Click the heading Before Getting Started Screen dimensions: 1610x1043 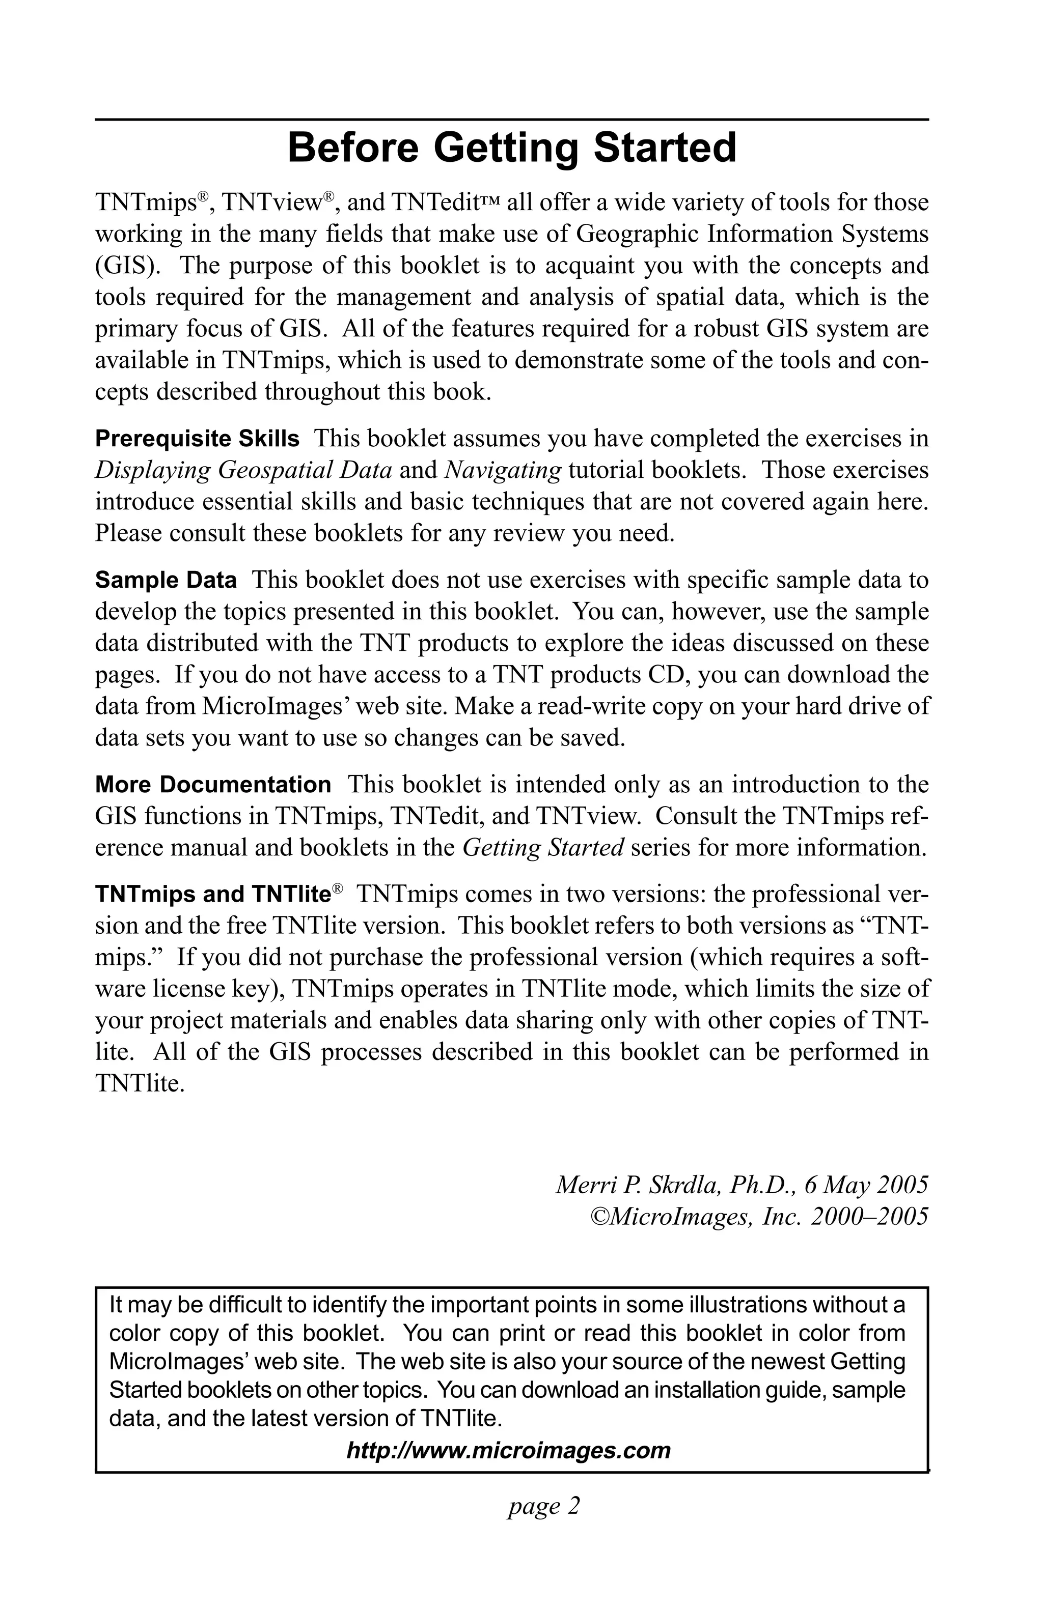(x=512, y=148)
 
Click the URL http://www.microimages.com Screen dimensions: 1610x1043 (x=508, y=1450)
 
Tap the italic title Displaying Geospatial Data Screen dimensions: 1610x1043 (x=243, y=470)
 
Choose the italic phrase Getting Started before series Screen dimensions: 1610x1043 (x=543, y=848)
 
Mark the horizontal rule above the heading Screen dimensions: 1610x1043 (x=512, y=120)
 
